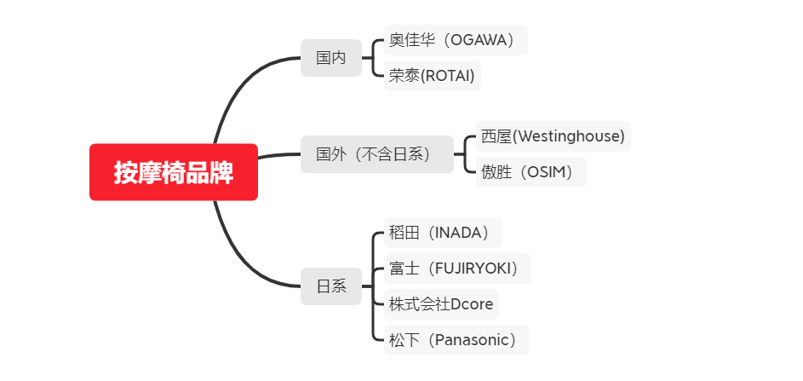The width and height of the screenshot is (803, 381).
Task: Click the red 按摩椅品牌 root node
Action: pyautogui.click(x=174, y=172)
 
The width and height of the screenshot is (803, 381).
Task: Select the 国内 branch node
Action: pyautogui.click(x=331, y=58)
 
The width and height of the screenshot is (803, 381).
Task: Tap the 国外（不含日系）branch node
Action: pyautogui.click(x=377, y=154)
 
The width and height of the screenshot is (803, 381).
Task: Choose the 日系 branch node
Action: pyautogui.click(x=331, y=286)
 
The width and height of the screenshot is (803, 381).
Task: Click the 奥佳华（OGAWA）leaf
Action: pyautogui.click(x=456, y=40)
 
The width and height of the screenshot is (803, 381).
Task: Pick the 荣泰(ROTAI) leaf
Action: pyautogui.click(x=433, y=76)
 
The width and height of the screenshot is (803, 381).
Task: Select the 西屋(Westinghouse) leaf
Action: pyautogui.click(x=553, y=136)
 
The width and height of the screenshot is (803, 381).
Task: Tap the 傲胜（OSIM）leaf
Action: pyautogui.click(x=531, y=172)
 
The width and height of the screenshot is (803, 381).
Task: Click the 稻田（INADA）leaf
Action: pyautogui.click(x=443, y=233)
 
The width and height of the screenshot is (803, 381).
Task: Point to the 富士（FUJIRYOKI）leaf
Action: pyautogui.click(x=457, y=268)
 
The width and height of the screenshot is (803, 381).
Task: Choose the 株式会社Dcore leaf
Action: pyautogui.click(x=441, y=304)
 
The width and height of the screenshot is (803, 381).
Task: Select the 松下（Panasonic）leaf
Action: pyautogui.click(x=456, y=340)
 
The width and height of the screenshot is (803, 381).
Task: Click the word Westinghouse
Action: pyautogui.click(x=569, y=137)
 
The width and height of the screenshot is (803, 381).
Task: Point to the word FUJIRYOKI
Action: pyautogui.click(x=473, y=268)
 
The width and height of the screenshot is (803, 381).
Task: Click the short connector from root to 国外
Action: pyautogui.click(x=279, y=155)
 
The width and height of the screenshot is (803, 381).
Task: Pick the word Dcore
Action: pyautogui.click(x=472, y=304)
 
